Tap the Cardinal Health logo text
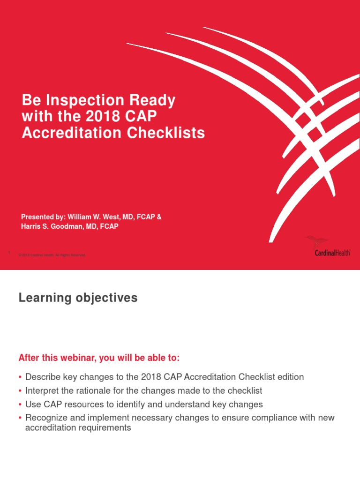point(333,253)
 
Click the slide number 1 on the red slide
point(9,254)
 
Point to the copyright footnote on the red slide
point(52,255)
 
